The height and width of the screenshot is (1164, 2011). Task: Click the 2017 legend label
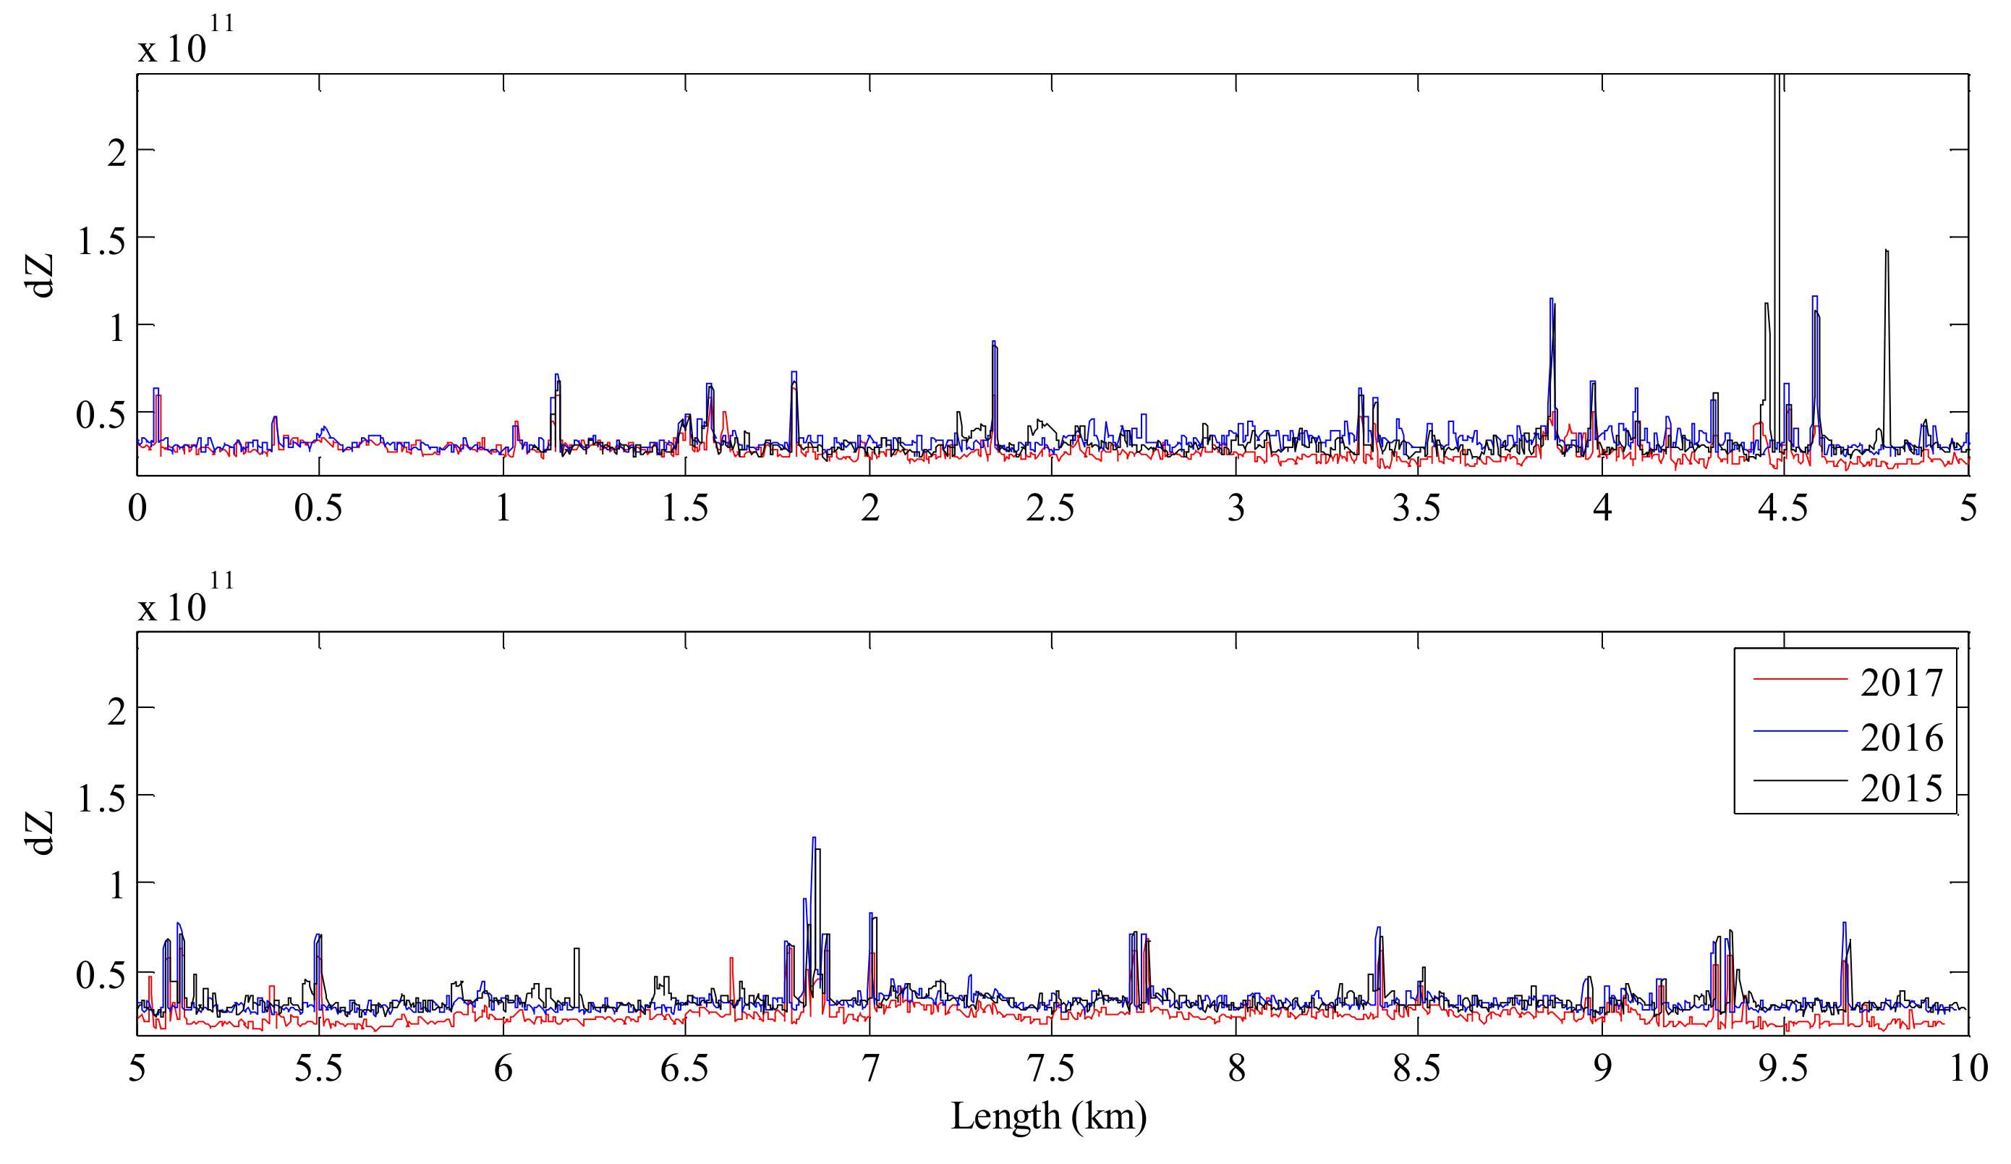point(1902,683)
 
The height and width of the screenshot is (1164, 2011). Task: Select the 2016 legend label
point(1902,738)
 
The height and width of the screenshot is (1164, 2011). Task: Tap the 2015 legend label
point(1902,789)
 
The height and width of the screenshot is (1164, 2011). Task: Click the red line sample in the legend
point(1800,678)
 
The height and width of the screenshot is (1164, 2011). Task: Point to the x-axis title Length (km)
point(1049,1116)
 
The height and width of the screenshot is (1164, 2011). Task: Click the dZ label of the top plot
point(40,275)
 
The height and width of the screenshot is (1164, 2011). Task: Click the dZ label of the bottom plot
point(40,832)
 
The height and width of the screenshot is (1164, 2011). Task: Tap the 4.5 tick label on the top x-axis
point(1782,509)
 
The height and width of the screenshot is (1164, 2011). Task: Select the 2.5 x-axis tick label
point(1050,509)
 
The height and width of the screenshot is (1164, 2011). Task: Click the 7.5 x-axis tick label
point(1050,1068)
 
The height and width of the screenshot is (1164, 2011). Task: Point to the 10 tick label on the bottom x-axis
point(1968,1068)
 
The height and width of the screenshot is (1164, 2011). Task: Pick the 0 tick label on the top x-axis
point(137,509)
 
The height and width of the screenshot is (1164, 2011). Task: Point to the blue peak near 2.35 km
point(993,342)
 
